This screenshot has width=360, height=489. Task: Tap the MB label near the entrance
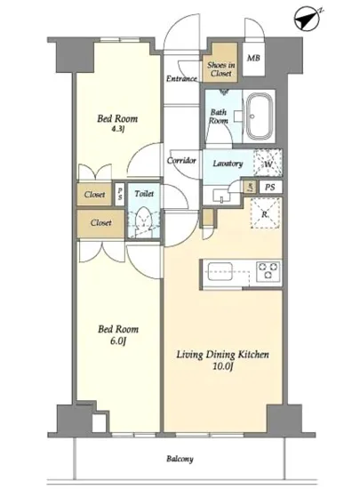point(253,59)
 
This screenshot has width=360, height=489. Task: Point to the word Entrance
point(181,79)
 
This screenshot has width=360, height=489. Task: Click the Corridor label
point(182,160)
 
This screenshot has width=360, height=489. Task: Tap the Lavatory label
point(228,164)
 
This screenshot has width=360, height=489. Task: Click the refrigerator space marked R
point(264,213)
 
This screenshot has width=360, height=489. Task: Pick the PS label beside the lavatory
point(268,188)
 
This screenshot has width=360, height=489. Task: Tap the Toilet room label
point(142,193)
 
